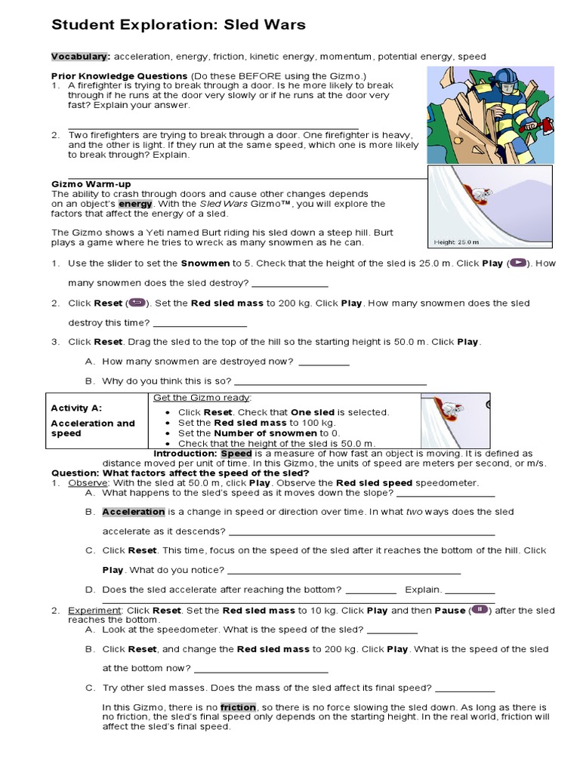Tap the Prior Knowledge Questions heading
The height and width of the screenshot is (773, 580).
point(119,76)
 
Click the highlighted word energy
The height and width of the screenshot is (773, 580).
point(135,204)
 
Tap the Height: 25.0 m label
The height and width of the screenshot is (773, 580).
point(458,242)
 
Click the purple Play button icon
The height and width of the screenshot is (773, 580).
point(518,263)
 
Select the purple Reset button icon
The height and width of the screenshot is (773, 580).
point(137,303)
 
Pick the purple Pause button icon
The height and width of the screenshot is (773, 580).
point(480,610)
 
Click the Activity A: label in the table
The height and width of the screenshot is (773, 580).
point(76,408)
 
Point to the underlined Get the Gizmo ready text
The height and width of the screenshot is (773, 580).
point(202,398)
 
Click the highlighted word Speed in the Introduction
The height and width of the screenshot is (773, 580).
point(236,454)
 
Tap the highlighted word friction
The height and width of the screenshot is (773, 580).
point(239,707)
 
